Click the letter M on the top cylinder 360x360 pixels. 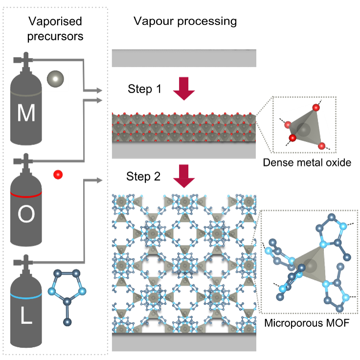(26, 114)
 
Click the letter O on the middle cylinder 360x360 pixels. (26, 215)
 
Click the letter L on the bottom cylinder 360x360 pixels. (26, 317)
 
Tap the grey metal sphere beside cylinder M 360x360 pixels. (56, 79)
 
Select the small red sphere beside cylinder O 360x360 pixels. (58, 174)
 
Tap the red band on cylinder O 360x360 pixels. (26, 193)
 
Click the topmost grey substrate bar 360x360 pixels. (184, 58)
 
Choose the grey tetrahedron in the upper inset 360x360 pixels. (305, 128)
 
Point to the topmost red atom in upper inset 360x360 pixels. (316, 107)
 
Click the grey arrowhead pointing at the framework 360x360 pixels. (99, 180)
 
